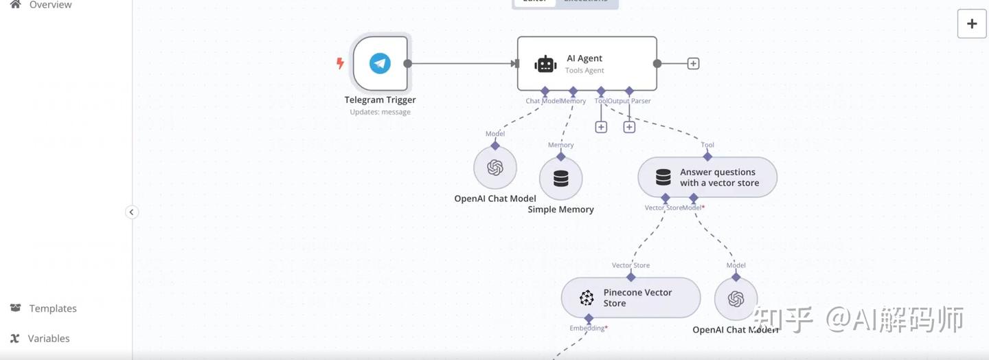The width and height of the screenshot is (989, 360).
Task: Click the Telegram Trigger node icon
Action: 380,63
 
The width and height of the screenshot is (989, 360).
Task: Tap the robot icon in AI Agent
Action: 545,64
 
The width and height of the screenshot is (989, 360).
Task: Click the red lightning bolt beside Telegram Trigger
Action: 340,63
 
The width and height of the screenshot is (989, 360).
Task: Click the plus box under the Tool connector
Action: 601,127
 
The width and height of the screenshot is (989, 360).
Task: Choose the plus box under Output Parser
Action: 629,127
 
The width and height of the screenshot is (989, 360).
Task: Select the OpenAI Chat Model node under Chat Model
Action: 495,168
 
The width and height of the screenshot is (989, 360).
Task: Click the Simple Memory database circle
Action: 561,179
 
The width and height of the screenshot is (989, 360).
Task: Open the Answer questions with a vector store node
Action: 707,177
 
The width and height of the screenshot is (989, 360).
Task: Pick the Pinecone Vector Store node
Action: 630,298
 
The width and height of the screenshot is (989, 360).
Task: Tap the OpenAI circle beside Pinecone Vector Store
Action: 736,299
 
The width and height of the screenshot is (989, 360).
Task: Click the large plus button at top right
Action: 972,24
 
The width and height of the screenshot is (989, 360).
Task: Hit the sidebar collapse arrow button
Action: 132,212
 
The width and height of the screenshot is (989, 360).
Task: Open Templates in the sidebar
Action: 53,308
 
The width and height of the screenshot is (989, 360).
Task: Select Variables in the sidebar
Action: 49,338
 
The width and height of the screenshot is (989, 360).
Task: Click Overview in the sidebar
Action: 50,5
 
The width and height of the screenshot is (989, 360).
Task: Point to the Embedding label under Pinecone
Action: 587,328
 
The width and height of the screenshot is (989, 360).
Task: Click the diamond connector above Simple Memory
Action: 561,156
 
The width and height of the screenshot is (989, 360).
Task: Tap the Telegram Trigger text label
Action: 380,100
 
